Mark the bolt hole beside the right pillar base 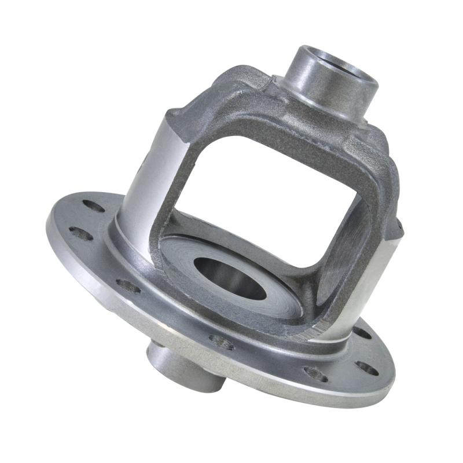(x=361, y=333)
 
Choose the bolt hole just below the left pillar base (x=128, y=285)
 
